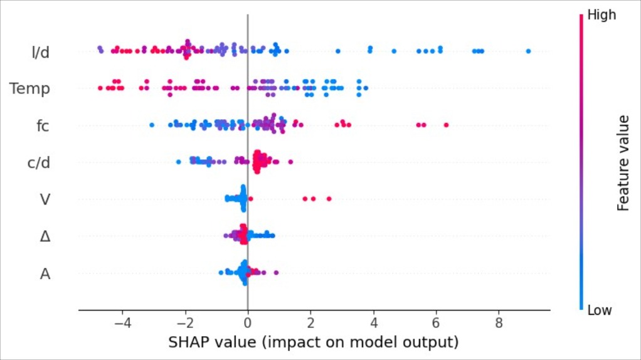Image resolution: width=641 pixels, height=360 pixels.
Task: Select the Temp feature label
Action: tap(29, 88)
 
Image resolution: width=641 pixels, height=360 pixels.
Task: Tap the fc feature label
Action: tap(41, 125)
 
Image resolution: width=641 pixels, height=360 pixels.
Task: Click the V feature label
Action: tap(45, 199)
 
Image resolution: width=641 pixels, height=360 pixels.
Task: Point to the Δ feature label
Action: tap(45, 236)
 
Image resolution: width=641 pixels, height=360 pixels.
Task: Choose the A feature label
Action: tap(45, 273)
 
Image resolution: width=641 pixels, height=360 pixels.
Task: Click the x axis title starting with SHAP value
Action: tap(314, 343)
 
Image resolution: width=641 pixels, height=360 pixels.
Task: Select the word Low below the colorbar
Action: tap(600, 310)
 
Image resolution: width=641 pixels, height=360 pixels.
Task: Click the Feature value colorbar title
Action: tap(623, 162)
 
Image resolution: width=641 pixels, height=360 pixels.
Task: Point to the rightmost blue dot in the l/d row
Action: tap(528, 51)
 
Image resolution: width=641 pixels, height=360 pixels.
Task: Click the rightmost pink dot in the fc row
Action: tap(446, 125)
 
